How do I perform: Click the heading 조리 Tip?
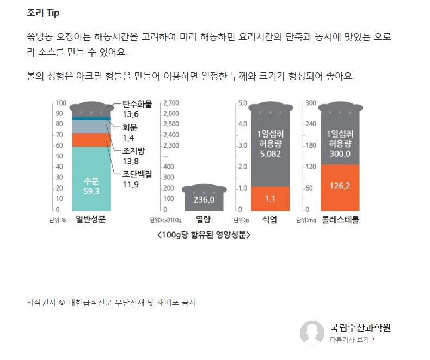[44, 13]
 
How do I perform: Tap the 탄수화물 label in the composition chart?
[137, 103]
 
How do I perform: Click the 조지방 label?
[133, 151]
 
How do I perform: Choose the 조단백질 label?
[137, 174]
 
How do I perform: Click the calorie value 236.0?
[204, 200]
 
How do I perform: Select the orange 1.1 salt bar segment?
[270, 199]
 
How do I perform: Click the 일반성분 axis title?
[90, 220]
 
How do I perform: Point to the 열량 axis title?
[203, 220]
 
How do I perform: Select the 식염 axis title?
[269, 220]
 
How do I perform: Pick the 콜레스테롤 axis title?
[340, 220]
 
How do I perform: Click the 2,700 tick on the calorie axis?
[171, 103]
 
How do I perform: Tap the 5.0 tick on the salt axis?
[242, 103]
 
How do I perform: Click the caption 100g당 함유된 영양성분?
[203, 235]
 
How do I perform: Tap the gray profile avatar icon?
[312, 332]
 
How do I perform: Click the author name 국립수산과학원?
[360, 327]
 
